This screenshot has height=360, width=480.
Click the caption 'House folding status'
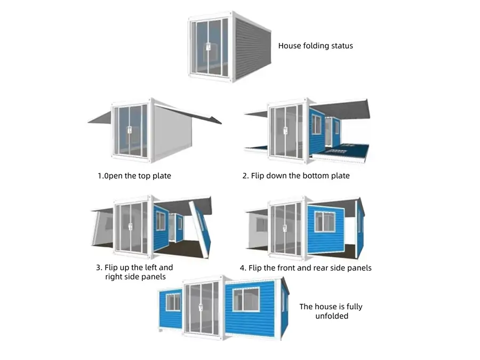pyautogui.click(x=315, y=46)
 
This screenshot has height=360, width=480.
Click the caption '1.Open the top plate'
pyautogui.click(x=134, y=176)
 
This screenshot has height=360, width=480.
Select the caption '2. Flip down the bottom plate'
pyautogui.click(x=295, y=175)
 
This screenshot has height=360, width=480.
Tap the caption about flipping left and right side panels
pyautogui.click(x=134, y=272)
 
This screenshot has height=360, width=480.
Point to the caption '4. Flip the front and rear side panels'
pyautogui.click(x=306, y=268)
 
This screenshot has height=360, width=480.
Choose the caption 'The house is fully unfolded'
pyautogui.click(x=331, y=311)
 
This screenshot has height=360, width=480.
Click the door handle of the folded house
pyautogui.click(x=208, y=47)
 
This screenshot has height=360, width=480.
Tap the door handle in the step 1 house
pyautogui.click(x=130, y=130)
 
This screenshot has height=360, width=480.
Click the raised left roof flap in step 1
pyautogui.click(x=100, y=118)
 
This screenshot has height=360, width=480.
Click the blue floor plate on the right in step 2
pyautogui.click(x=340, y=152)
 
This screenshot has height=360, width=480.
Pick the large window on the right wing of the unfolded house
pyautogui.click(x=246, y=300)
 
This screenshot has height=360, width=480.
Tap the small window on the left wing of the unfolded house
pyautogui.click(x=173, y=302)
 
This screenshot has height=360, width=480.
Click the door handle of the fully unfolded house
pyautogui.click(x=201, y=307)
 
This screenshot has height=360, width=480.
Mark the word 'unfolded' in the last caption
pyautogui.click(x=332, y=316)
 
